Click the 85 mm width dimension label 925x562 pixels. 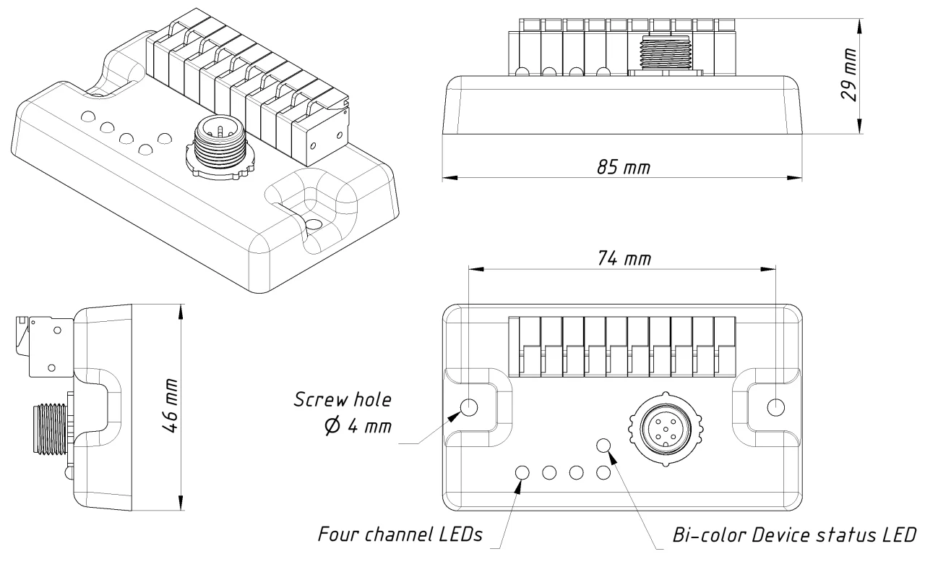[x=623, y=167]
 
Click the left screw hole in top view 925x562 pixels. [x=469, y=406]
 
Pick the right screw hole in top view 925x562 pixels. [x=775, y=406]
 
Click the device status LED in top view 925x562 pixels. [x=603, y=446]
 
